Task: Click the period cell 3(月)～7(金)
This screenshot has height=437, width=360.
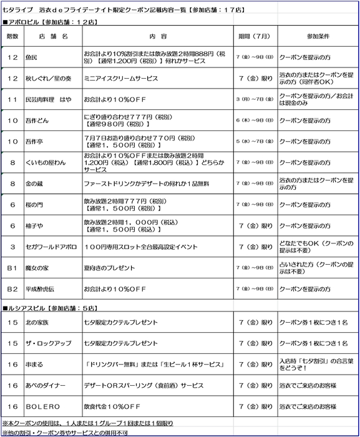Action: coord(255,99)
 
